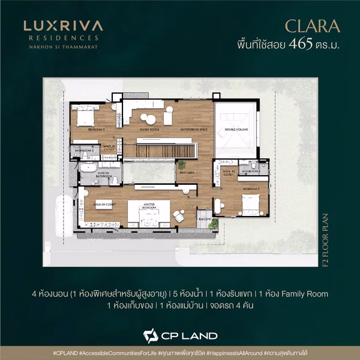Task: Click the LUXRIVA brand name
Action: pos(63,26)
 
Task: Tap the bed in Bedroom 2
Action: pos(85,115)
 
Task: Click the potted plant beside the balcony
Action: pos(213,223)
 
